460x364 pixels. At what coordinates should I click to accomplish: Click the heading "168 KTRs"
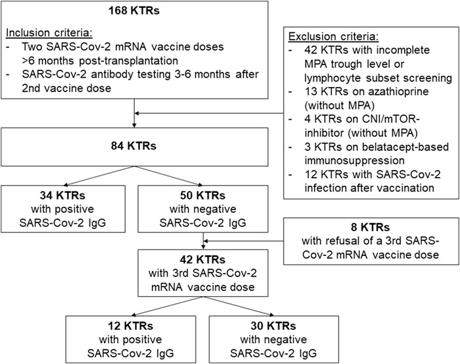pyautogui.click(x=134, y=11)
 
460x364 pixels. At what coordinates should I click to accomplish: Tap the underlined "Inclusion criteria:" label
pyautogui.click(x=49, y=33)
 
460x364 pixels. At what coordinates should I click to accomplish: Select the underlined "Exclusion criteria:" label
pyautogui.click(x=334, y=36)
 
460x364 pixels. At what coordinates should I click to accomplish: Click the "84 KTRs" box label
pyautogui.click(x=134, y=146)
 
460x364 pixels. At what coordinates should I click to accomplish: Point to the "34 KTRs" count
pyautogui.click(x=63, y=195)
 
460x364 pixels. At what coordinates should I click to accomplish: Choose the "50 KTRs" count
pyautogui.click(x=203, y=195)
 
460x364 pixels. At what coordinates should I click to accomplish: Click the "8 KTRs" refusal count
pyautogui.click(x=371, y=227)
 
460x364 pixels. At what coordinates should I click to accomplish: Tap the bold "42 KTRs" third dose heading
pyautogui.click(x=203, y=259)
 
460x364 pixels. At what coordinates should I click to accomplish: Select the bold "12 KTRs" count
pyautogui.click(x=130, y=326)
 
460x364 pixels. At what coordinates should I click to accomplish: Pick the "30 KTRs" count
pyautogui.click(x=273, y=326)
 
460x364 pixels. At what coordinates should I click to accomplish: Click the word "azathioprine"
pyautogui.click(x=397, y=91)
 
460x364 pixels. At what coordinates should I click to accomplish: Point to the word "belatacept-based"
pyautogui.click(x=409, y=147)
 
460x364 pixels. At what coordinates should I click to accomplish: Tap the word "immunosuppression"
pyautogui.click(x=355, y=161)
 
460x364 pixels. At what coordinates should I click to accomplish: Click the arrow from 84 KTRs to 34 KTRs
pyautogui.click(x=99, y=176)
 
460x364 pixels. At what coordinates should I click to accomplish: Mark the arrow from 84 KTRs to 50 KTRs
pyautogui.click(x=168, y=176)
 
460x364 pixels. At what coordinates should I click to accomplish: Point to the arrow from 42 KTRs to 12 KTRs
pyautogui.click(x=167, y=306)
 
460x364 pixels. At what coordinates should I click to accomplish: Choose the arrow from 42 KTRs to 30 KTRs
pyautogui.click(x=238, y=306)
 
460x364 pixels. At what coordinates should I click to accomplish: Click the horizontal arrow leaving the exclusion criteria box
pyautogui.click(x=209, y=113)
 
